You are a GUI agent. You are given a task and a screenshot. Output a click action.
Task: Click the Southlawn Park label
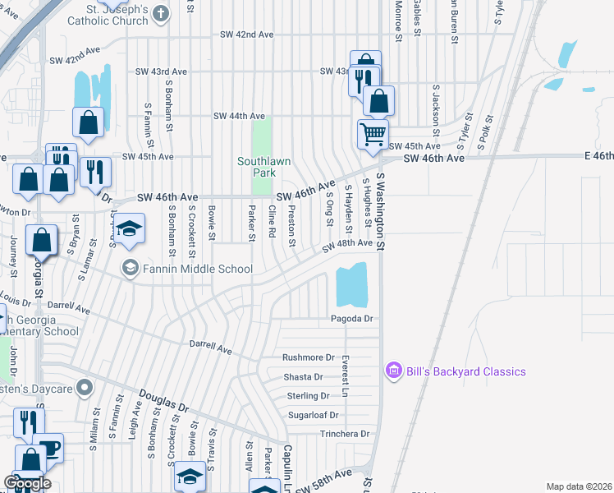click(x=264, y=167)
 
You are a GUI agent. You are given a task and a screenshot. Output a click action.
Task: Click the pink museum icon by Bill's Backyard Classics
click(x=393, y=371)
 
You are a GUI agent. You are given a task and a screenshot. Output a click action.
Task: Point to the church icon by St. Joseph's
click(x=162, y=12)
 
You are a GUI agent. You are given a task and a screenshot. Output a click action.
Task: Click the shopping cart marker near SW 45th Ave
click(x=373, y=133)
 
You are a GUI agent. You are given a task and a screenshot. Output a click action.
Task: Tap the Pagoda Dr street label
click(x=352, y=319)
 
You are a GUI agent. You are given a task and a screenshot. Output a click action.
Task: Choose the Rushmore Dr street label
click(x=309, y=358)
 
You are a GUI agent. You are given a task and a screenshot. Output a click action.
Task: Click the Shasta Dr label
click(x=303, y=377)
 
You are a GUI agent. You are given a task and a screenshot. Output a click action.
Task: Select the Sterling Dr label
click(x=308, y=396)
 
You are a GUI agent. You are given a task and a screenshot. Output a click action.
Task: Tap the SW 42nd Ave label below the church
click(x=247, y=35)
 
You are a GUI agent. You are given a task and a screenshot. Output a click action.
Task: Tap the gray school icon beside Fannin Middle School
click(x=130, y=269)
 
